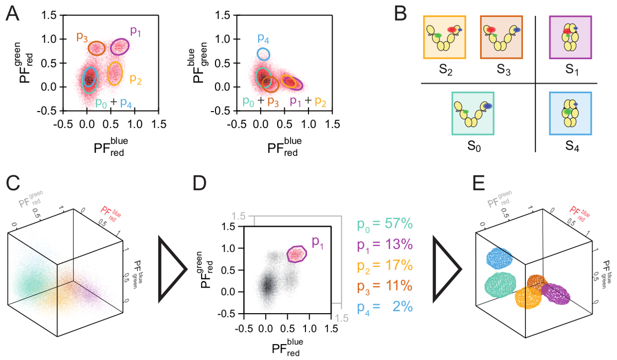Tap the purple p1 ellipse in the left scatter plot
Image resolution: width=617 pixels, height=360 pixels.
120,46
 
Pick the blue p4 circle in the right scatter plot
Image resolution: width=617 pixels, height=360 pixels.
263,53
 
